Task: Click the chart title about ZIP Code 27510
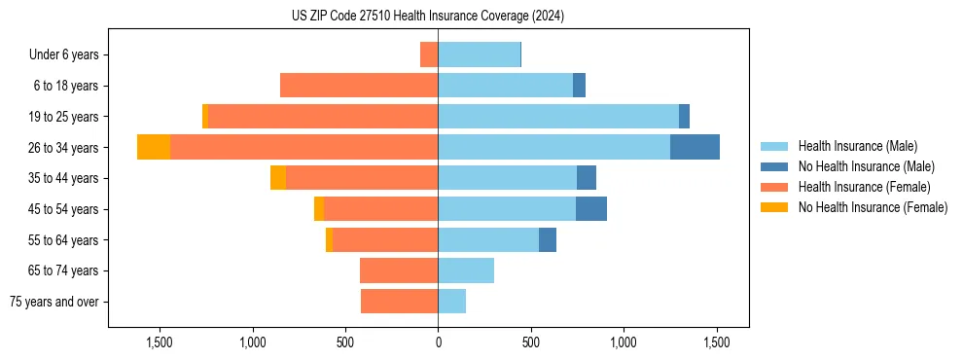pos(428,17)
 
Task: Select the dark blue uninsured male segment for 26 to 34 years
pos(695,147)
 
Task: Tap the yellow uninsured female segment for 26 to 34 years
pos(154,147)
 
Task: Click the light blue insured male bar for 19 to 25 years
pos(558,116)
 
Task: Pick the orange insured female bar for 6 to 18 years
pos(359,86)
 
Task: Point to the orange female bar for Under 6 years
pos(429,54)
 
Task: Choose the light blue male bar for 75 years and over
pos(452,302)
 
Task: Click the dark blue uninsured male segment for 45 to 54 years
pos(591,209)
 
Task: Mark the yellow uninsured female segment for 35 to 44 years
pos(278,178)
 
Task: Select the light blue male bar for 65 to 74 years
pos(466,270)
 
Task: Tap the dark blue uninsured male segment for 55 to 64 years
pos(548,239)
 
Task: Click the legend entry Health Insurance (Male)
pos(856,146)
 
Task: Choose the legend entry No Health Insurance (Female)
pos(873,207)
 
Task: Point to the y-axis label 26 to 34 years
pos(66,148)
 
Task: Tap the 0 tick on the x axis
pos(438,343)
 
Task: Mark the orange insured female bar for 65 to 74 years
pos(399,270)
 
